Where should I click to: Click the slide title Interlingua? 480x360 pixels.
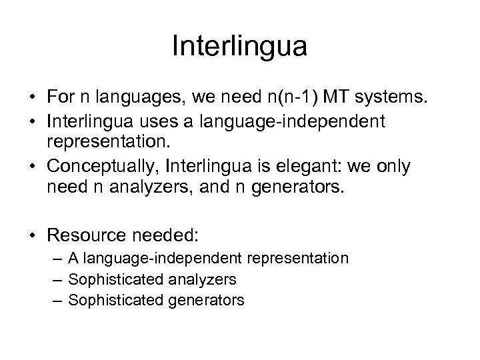[239, 46]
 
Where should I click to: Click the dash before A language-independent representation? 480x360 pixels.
[61, 258]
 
